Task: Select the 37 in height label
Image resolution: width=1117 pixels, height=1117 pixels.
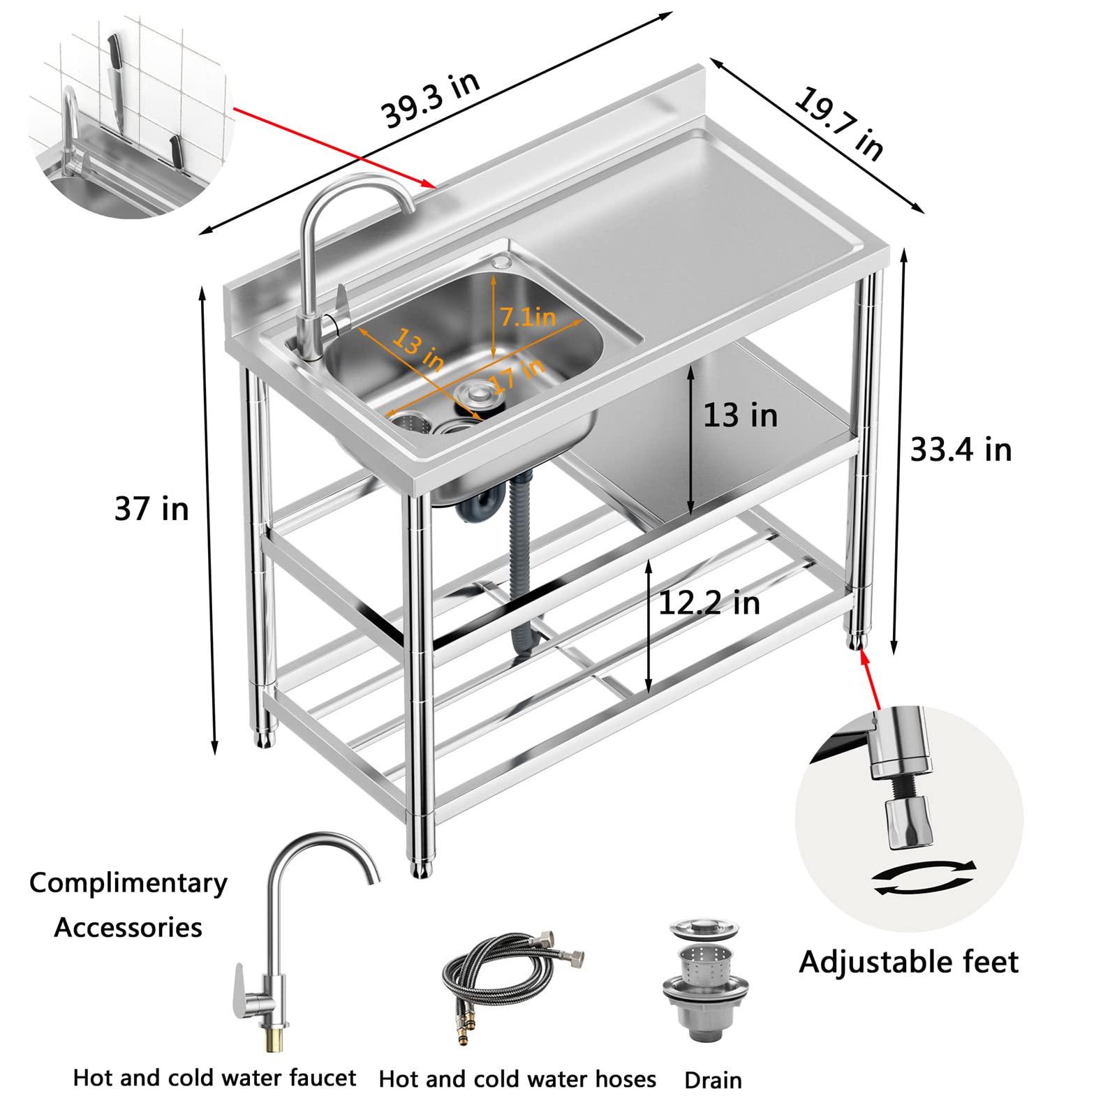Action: [x=151, y=509]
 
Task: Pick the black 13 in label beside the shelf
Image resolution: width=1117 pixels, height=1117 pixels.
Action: [x=740, y=415]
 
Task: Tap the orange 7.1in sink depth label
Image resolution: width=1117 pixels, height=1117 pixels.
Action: [x=527, y=317]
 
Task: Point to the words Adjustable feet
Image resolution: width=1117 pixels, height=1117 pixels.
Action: [x=908, y=962]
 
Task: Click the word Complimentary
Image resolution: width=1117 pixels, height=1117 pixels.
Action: [x=128, y=884]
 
